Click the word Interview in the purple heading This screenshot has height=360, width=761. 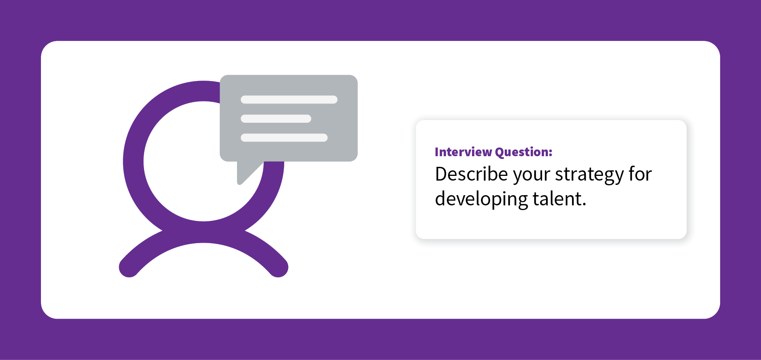(x=463, y=152)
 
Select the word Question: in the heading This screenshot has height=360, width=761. (x=524, y=152)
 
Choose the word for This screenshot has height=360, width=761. (x=641, y=174)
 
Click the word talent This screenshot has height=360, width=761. (x=557, y=199)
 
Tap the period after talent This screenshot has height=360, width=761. (x=584, y=205)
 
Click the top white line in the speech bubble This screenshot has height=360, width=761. (x=289, y=100)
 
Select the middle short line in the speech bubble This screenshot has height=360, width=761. (x=276, y=118)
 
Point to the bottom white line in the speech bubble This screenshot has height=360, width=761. (x=284, y=138)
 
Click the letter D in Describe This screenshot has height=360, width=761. (x=442, y=174)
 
